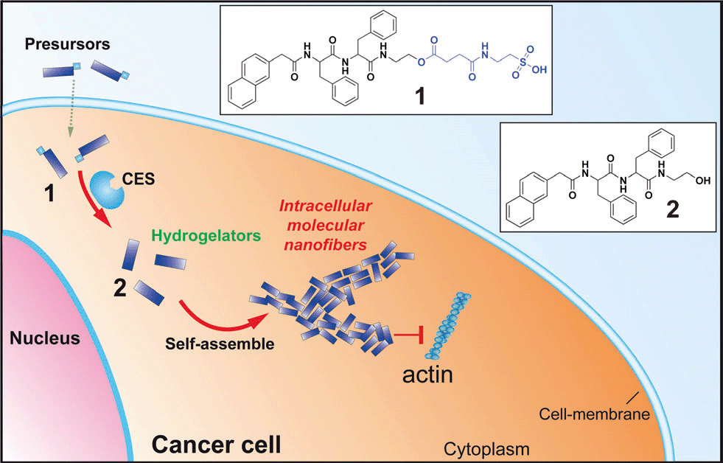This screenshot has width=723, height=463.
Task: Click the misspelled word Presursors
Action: [x=67, y=44]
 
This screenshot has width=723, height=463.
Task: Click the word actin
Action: [x=427, y=375]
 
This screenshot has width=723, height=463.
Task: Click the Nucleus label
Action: [x=45, y=338]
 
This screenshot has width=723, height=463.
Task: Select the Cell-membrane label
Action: [x=594, y=414]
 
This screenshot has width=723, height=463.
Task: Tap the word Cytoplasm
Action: [x=486, y=449]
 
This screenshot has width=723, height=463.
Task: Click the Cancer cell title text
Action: [x=216, y=445]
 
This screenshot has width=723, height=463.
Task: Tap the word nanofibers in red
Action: [x=334, y=245]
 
